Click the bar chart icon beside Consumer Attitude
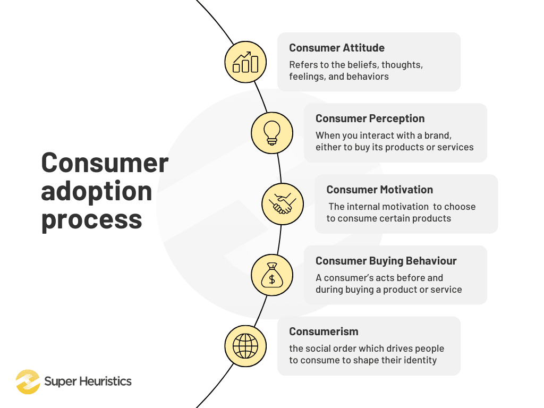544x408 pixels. [245, 62]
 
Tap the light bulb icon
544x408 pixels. [272, 133]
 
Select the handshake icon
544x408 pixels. [283, 204]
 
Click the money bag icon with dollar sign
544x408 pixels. [272, 275]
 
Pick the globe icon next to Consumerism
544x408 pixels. [245, 346]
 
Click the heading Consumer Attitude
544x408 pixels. [337, 48]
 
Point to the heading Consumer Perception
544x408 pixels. [370, 118]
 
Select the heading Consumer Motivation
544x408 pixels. [379, 190]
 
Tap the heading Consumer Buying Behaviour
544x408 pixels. [386, 261]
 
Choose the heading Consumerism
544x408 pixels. [324, 331]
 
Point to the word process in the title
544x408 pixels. [91, 218]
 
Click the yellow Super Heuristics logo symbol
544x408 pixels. [28, 381]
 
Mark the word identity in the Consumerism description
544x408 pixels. [419, 360]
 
